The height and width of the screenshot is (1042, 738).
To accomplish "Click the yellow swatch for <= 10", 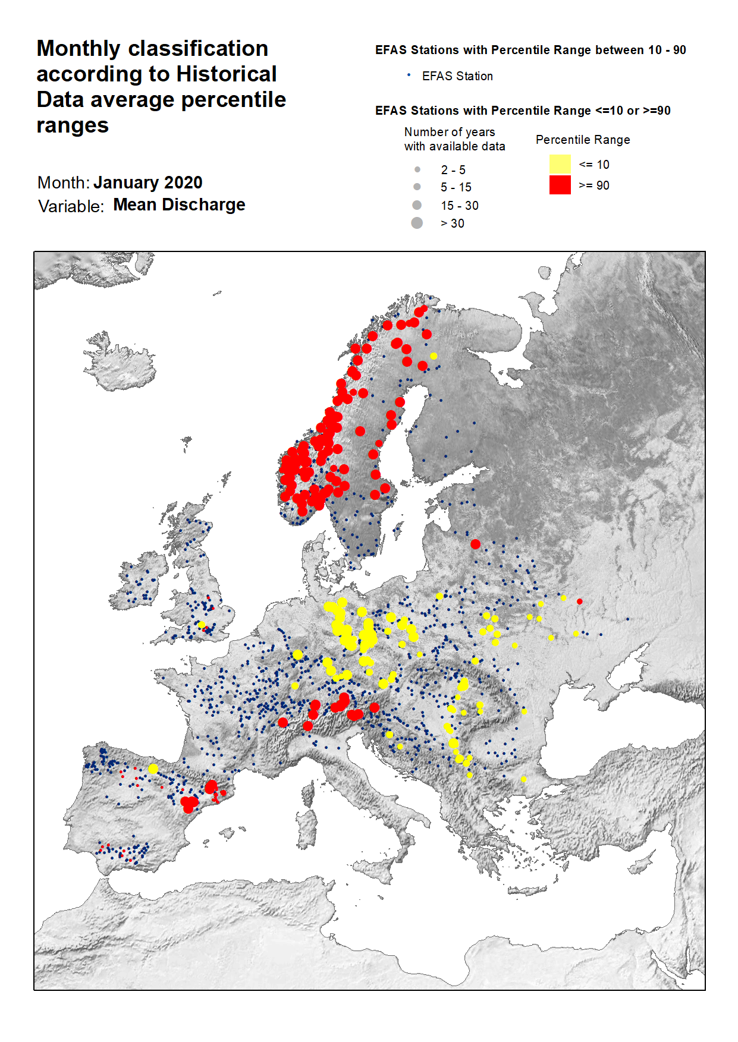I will [560, 164].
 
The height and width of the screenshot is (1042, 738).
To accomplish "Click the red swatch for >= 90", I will [560, 185].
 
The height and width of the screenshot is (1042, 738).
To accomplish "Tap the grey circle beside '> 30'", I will [417, 223].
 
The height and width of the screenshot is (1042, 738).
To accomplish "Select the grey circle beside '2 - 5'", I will [417, 169].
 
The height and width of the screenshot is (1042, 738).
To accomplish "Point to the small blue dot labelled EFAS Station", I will [409, 75].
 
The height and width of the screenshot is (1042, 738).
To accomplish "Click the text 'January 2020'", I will [147, 182].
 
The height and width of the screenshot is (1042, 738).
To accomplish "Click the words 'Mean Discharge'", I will [179, 204].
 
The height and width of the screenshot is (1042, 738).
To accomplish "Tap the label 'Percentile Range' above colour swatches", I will [582, 140].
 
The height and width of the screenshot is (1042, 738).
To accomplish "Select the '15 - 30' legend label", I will [459, 206].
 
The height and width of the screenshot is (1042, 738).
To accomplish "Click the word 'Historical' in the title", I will [226, 74].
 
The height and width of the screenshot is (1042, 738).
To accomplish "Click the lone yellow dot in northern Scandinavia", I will [434, 356].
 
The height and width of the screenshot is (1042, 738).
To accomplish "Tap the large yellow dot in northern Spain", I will [153, 769].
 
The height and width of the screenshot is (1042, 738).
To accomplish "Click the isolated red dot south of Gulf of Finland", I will [475, 544].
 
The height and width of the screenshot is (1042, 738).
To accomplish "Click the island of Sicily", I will [375, 871].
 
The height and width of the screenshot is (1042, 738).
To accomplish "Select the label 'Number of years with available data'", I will [454, 139].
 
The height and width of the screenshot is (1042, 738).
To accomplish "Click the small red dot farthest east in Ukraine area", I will [579, 602].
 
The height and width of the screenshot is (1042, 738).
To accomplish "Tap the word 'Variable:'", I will [71, 206].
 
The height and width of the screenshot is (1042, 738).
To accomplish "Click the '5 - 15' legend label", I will [456, 187].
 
